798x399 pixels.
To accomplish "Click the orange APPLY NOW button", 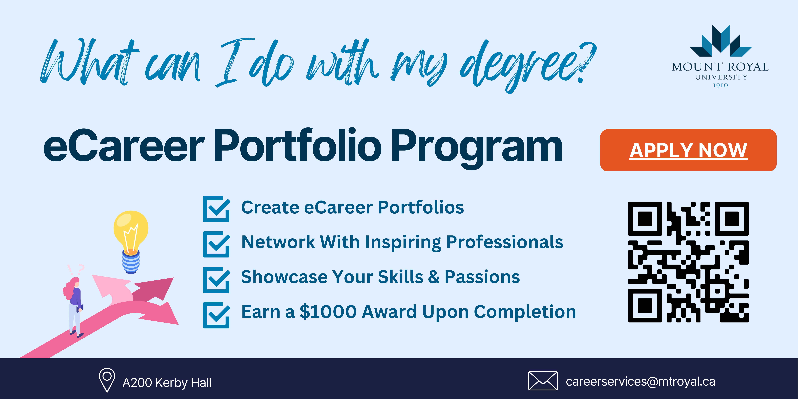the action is [x=688, y=150].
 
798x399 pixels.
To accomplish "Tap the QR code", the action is [x=688, y=262].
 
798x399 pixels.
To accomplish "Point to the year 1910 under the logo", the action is [x=721, y=85].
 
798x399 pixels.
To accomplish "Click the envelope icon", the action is [x=543, y=381].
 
